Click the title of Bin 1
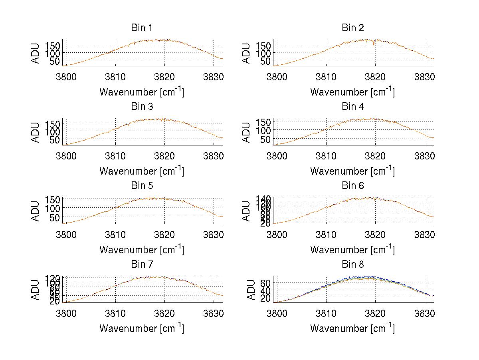point(142,28)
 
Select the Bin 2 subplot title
point(353,28)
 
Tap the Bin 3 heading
point(142,107)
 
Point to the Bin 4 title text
point(353,107)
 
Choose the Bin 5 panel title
point(142,186)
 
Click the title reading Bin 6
point(353,186)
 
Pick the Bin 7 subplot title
point(142,265)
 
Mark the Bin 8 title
point(353,265)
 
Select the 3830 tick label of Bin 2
point(424,77)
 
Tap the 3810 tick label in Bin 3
point(115,155)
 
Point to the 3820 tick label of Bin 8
point(375,313)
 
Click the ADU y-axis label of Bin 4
point(247,132)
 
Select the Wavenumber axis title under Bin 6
point(352,250)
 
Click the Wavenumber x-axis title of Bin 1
point(142,92)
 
